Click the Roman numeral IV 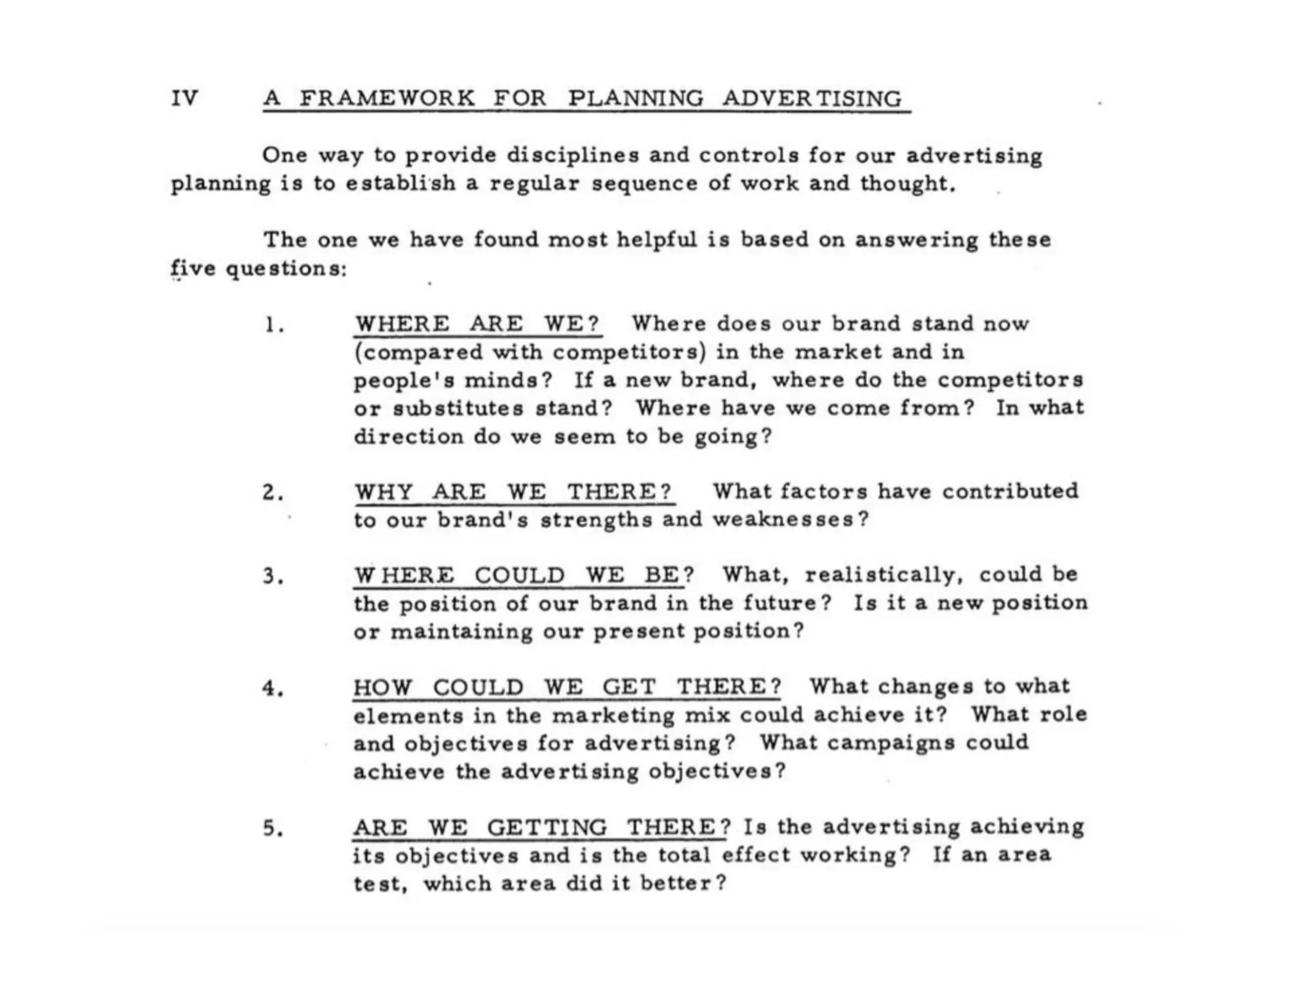point(185,98)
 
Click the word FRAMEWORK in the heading point(388,98)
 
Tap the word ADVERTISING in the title point(813,98)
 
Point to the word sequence point(644,184)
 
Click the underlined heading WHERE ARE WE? point(477,324)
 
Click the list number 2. point(273,493)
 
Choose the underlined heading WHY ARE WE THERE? point(513,492)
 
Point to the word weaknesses point(790,519)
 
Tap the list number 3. point(273,576)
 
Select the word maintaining point(461,632)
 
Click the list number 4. point(273,689)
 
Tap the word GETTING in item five point(547,828)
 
